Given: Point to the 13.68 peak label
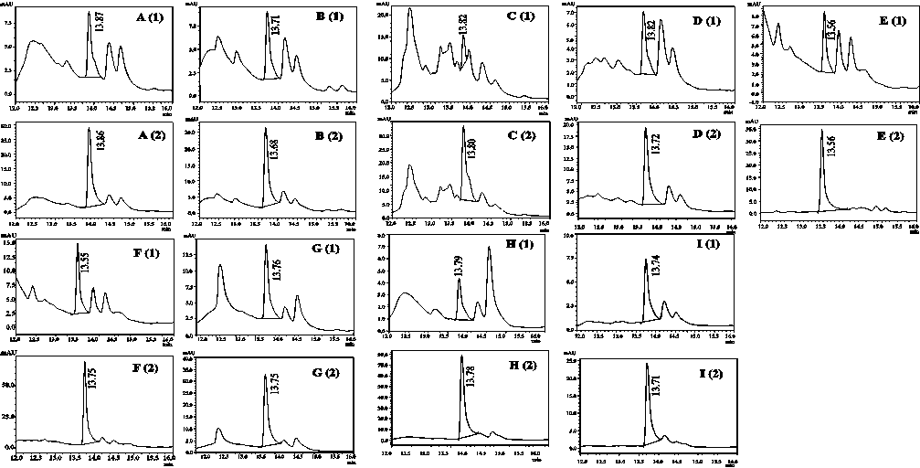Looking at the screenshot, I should [x=274, y=146].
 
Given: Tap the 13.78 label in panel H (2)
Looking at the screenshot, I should [x=471, y=377].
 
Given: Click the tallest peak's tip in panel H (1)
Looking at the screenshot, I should [x=490, y=247].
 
